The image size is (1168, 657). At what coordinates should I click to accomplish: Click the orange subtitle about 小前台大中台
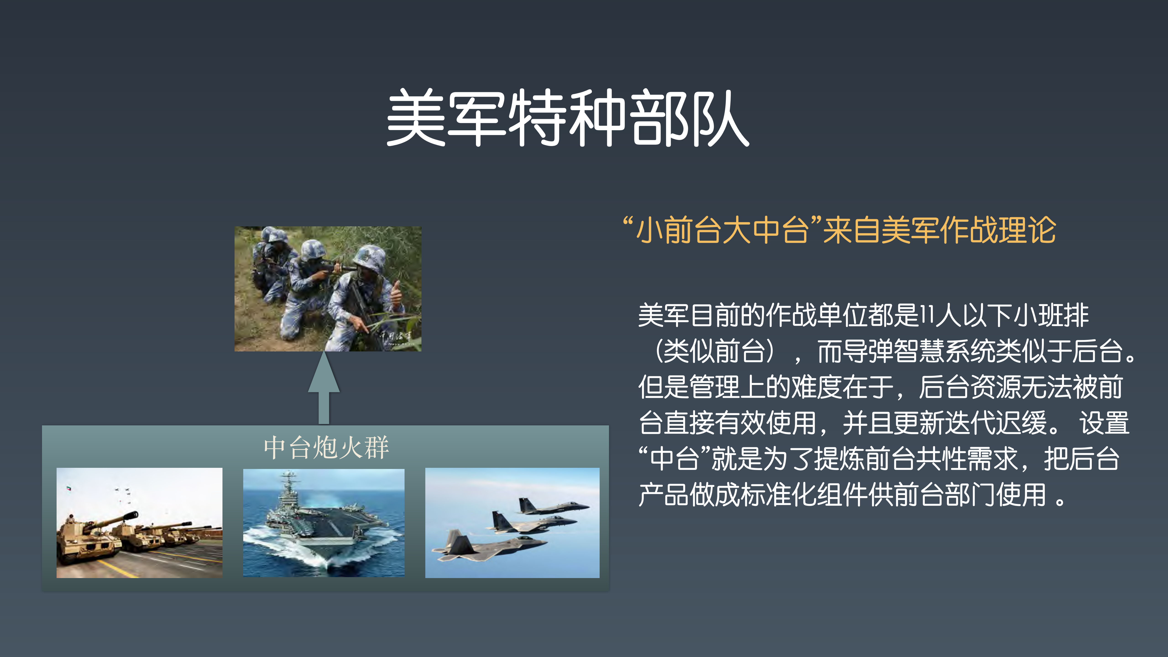839,230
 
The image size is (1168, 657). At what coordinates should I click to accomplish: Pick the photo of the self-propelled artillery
139,523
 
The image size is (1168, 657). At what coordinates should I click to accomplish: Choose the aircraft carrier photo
324,523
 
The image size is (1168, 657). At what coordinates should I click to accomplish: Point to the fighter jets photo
512,523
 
